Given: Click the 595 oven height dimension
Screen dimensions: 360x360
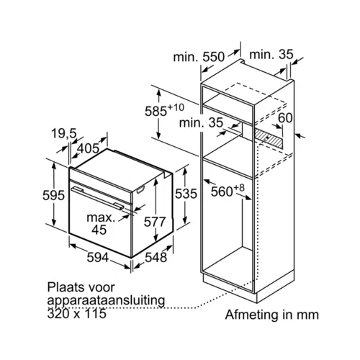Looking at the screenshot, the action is click(x=53, y=195).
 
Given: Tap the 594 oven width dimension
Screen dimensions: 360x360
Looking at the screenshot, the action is click(x=98, y=258).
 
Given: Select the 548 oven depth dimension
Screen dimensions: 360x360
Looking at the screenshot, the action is click(x=156, y=257).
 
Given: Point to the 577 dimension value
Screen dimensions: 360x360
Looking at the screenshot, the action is click(x=155, y=222).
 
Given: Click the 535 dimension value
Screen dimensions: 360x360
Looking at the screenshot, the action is click(x=186, y=194).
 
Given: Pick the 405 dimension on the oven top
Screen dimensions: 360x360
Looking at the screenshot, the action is click(x=88, y=148).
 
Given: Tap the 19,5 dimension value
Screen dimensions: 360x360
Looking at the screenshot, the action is click(x=64, y=134).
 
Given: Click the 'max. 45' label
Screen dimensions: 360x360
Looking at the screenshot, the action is click(x=101, y=224).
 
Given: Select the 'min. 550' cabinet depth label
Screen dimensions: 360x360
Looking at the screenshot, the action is click(x=199, y=58).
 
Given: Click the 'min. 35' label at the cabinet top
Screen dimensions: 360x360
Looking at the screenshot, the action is click(x=271, y=55).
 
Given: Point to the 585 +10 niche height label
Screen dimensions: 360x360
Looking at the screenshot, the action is click(x=164, y=110).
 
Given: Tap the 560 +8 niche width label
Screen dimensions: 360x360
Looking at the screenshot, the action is click(x=228, y=191).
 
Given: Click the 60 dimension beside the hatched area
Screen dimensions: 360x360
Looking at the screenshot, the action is click(x=285, y=118).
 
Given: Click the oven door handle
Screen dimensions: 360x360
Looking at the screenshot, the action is click(x=98, y=198).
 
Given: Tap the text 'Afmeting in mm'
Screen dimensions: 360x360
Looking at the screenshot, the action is click(x=272, y=315).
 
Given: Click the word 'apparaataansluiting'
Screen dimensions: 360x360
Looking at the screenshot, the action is click(x=106, y=301).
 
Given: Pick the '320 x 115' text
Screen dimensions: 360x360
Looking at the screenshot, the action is click(x=77, y=313).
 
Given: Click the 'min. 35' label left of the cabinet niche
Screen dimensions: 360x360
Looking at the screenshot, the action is click(x=201, y=122).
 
